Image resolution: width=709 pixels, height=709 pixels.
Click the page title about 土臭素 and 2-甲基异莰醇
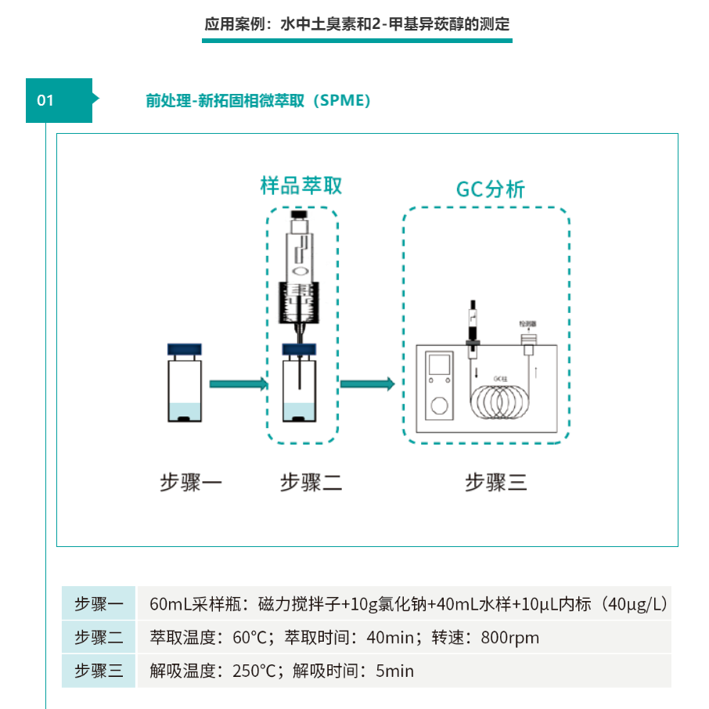coord(357,24)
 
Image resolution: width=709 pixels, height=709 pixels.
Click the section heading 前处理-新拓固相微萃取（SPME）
coord(257,101)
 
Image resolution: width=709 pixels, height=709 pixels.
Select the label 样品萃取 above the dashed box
coord(301,185)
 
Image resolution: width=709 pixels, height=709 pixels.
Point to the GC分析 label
coord(491,189)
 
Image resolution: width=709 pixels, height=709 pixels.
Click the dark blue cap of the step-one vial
coord(185,350)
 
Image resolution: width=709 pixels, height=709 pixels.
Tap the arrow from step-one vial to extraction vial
coord(239,383)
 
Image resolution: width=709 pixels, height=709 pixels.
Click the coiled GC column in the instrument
coord(502,401)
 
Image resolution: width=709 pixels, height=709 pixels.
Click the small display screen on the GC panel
coord(439,364)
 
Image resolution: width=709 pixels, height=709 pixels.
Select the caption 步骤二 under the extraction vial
coord(311,483)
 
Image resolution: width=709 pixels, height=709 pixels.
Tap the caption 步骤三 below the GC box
coord(496,483)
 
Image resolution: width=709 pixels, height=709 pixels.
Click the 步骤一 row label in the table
coord(99,604)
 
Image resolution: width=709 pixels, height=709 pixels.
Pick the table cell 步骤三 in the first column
coord(99,671)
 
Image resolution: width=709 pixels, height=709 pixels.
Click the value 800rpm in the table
coord(510,638)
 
